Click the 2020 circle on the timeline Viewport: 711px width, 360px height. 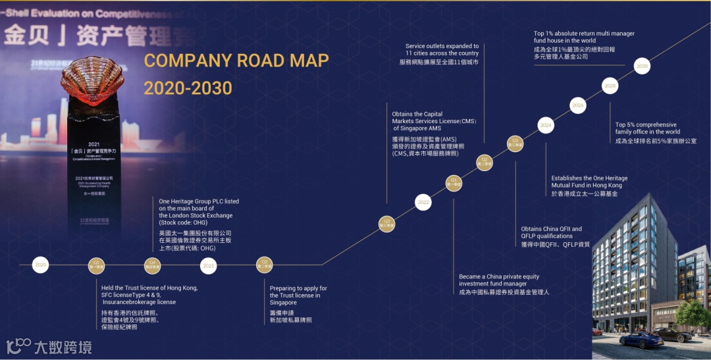(41, 265)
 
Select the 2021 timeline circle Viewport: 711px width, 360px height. (209, 265)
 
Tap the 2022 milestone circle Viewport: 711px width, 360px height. (423, 203)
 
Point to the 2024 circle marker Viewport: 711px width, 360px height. (546, 125)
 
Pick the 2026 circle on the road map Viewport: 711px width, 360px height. (578, 105)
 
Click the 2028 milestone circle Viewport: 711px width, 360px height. (610, 86)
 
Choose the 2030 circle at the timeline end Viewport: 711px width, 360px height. (642, 66)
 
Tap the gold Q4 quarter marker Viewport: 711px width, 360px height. (153, 265)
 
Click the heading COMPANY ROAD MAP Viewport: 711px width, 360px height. (236, 61)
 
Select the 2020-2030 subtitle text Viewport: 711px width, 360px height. (188, 88)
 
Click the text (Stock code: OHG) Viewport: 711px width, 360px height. (181, 222)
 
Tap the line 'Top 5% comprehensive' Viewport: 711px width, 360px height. (646, 124)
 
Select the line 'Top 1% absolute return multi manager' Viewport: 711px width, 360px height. (584, 34)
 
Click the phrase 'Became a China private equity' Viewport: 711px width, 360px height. (498, 276)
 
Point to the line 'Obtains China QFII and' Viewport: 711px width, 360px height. (551, 229)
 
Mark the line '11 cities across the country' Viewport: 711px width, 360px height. (442, 53)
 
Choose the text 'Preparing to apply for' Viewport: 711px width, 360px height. (298, 288)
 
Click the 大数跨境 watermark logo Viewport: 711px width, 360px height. (49, 346)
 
